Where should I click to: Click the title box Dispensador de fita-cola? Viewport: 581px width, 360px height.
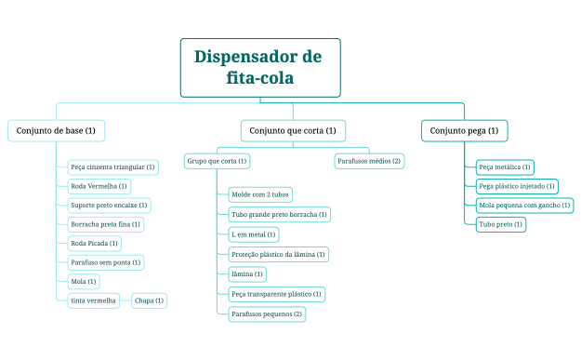(259, 67)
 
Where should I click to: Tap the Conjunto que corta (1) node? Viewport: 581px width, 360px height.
(293, 130)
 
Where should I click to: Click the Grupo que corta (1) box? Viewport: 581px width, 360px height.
(217, 161)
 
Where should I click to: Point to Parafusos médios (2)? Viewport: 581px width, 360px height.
(369, 161)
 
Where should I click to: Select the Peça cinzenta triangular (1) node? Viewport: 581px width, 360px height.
(112, 167)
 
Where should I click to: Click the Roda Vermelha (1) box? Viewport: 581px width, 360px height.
(99, 186)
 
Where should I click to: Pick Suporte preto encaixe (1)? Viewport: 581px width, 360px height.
(109, 205)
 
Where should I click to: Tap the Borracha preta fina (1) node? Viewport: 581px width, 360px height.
(106, 224)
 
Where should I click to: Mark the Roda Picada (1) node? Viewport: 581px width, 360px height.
(95, 243)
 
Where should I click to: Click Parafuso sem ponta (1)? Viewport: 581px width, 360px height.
(106, 262)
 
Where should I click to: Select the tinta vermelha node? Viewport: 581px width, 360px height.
(94, 300)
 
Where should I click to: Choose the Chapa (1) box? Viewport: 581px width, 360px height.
(149, 300)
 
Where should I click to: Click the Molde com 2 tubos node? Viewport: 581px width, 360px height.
(260, 194)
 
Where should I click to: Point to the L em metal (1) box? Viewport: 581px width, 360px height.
(253, 234)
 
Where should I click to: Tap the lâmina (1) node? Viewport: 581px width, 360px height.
(247, 273)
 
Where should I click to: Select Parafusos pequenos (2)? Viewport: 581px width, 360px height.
(266, 313)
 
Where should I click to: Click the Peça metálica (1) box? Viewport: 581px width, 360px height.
(504, 167)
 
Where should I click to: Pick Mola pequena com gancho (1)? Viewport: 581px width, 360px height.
(524, 205)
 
